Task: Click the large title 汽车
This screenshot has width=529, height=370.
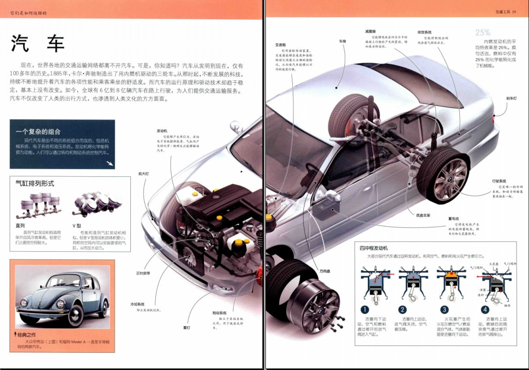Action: tap(38, 44)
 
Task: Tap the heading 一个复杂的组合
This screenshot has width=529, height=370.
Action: tap(38, 131)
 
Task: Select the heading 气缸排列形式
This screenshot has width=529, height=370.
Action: tap(35, 184)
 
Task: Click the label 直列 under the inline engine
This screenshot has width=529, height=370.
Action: tap(21, 225)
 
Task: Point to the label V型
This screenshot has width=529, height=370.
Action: tap(76, 225)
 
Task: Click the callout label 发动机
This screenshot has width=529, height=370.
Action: tap(162, 131)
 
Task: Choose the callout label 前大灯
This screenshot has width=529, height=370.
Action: tap(143, 173)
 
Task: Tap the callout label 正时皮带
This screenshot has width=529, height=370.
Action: tap(143, 273)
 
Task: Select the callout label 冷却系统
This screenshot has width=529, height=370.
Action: tap(137, 304)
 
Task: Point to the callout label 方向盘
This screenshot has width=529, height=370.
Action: tap(325, 271)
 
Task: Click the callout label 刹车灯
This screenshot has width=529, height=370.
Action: tap(511, 98)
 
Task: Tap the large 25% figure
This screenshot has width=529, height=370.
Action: tap(483, 33)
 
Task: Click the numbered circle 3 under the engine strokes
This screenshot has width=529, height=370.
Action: tap(444, 309)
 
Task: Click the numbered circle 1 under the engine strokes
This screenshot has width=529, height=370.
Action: tap(365, 309)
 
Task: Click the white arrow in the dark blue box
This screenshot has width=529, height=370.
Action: tap(110, 163)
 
